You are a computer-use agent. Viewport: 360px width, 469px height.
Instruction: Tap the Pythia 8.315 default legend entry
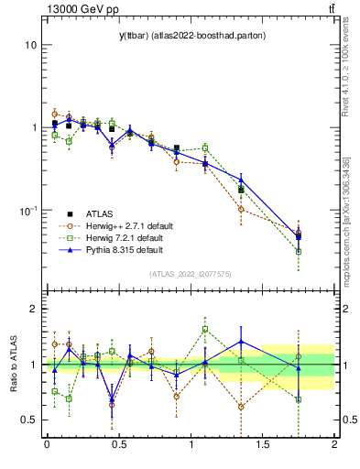click(119, 249)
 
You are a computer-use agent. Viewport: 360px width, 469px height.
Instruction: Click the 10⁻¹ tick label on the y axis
click(28, 211)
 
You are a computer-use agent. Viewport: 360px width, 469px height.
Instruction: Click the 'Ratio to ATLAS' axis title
click(12, 365)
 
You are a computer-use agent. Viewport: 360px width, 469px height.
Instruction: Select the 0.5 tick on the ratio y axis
click(29, 420)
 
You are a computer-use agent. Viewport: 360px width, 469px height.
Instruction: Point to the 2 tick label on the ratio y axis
click(34, 309)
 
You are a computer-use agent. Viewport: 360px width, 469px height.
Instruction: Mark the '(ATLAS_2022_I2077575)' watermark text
click(190, 274)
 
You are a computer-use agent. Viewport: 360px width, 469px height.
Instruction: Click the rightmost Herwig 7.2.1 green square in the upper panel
click(299, 251)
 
